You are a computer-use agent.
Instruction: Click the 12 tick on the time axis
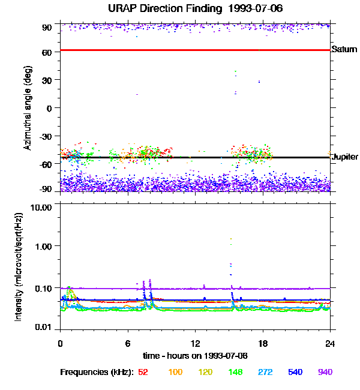point(195,344)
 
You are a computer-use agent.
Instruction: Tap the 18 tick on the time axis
point(262,344)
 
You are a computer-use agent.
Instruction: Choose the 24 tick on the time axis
point(330,344)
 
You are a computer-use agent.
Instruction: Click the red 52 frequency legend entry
point(143,372)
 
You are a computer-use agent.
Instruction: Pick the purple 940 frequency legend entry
point(325,372)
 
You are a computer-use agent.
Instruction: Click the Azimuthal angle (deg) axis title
point(28,108)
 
